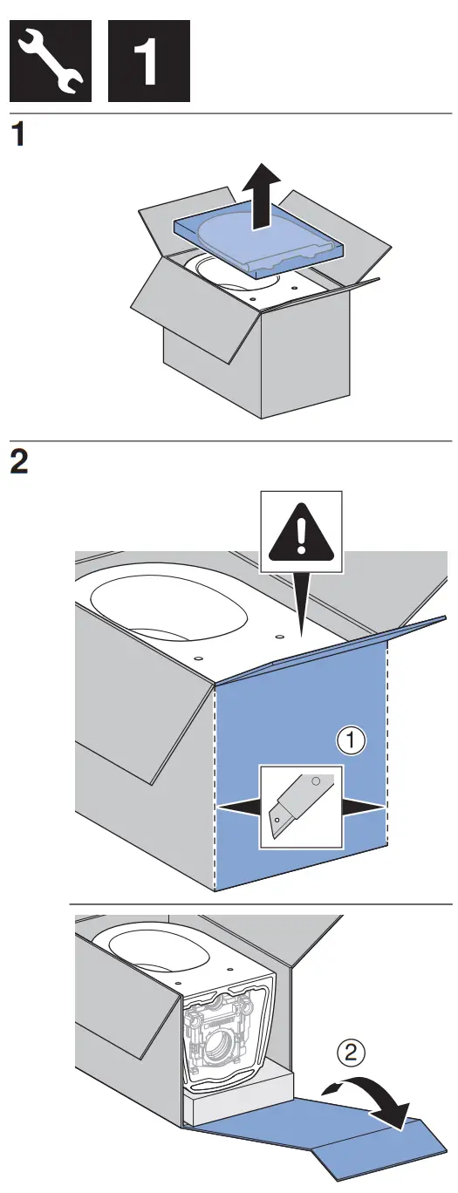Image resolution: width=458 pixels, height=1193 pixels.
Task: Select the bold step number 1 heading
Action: tap(18, 139)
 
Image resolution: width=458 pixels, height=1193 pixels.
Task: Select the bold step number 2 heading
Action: tap(18, 461)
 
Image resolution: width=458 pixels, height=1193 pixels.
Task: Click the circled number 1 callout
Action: tap(351, 741)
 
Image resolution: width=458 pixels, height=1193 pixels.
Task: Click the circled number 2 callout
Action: tap(351, 1053)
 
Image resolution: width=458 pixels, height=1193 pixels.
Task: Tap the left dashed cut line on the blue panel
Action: tap(215, 785)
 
